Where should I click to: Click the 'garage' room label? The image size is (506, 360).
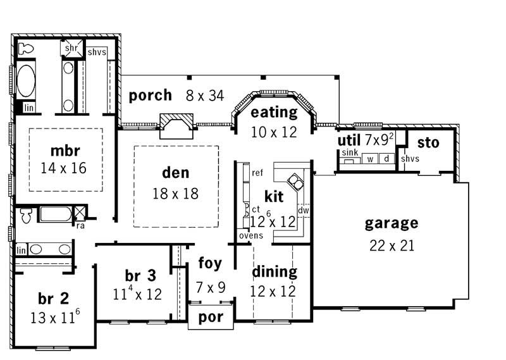click(392, 223)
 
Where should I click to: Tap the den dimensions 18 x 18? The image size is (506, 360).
click(175, 193)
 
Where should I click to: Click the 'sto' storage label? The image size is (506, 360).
click(428, 143)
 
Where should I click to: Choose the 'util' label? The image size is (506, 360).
click(349, 138)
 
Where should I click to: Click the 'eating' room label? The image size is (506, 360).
click(273, 113)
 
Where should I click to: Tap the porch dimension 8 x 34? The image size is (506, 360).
click(205, 96)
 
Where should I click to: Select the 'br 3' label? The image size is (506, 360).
click(140, 276)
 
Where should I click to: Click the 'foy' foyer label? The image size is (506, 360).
click(209, 263)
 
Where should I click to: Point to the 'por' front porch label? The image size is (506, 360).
click(211, 317)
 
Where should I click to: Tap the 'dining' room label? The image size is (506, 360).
click(275, 272)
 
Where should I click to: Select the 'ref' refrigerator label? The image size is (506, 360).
click(257, 173)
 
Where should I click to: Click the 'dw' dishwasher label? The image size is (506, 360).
click(303, 210)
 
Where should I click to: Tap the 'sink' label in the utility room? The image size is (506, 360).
click(349, 153)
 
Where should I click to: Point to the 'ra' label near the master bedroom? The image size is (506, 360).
click(81, 224)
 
